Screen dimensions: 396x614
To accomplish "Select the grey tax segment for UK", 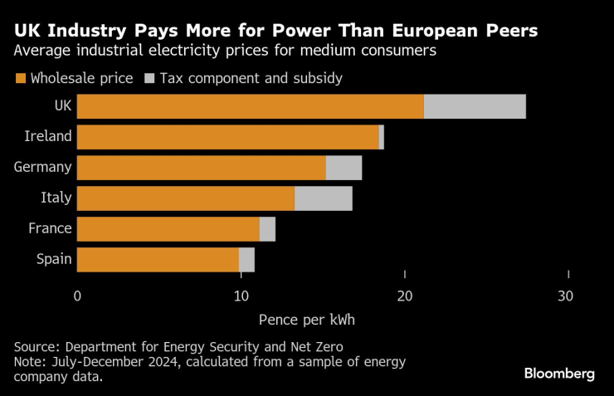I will coord(475,106).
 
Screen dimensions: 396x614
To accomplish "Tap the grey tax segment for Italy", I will coord(324,198).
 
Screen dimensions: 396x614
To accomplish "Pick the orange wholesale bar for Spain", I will coord(158,260).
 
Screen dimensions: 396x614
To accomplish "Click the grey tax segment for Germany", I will coord(344,168).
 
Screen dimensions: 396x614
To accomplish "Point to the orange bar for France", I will coord(168,229).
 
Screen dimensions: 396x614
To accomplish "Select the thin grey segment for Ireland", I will coord(382,137).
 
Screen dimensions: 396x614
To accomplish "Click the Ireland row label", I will coord(48,136).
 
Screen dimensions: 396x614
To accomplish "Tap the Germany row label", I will coord(43,167).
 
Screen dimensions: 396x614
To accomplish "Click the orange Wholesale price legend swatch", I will coord(20,79).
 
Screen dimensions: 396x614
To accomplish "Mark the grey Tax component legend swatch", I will coord(149,79).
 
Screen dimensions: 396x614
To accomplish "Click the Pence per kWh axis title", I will coord(306,320).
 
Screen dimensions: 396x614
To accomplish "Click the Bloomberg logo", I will coord(559,374).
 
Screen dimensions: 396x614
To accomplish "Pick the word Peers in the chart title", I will coord(508,32).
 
